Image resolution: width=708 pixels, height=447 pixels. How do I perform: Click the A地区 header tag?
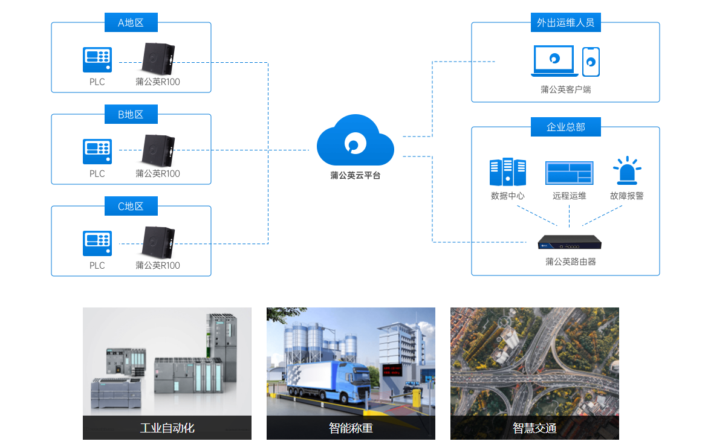tap(131, 22)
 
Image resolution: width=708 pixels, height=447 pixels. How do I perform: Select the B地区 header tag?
tap(131, 114)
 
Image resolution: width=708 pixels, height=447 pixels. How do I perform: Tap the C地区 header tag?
tap(131, 206)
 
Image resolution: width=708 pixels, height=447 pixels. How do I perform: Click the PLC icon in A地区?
tap(97, 60)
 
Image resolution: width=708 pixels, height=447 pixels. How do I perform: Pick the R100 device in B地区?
tap(158, 150)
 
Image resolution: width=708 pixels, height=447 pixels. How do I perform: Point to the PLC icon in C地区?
tap(97, 243)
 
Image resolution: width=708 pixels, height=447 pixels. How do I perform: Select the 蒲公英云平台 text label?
tap(356, 175)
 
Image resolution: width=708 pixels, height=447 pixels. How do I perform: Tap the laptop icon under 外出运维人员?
tap(554, 60)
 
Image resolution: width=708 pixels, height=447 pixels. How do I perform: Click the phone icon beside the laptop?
tap(591, 62)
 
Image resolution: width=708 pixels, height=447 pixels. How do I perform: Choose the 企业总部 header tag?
tap(566, 127)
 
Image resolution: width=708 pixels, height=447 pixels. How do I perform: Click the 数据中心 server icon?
tap(508, 172)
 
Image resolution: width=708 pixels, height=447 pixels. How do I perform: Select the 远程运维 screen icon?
tap(570, 173)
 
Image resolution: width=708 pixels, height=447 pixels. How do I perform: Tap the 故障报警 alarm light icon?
tap(627, 171)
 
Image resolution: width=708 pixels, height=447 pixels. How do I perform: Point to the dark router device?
tap(570, 242)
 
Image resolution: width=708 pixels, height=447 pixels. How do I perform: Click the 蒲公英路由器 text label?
tap(571, 262)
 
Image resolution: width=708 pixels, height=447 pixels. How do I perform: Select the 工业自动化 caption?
tap(167, 428)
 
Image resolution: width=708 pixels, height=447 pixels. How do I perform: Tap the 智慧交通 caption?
tap(534, 428)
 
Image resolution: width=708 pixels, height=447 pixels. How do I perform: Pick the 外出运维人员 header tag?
tap(566, 22)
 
